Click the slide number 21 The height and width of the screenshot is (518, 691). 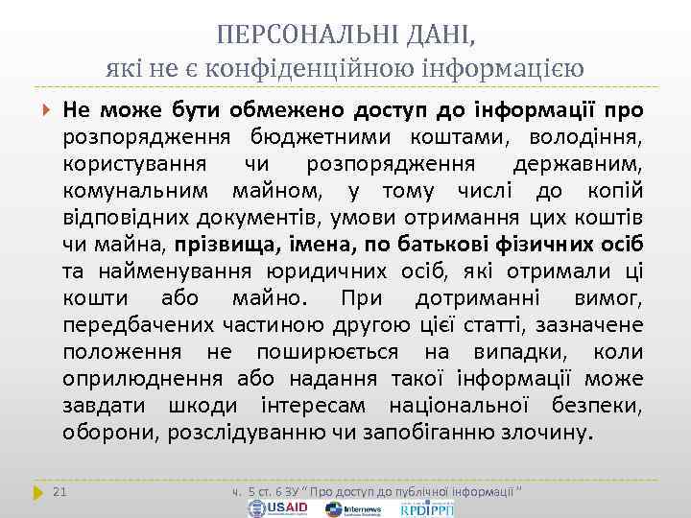click(x=60, y=492)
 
